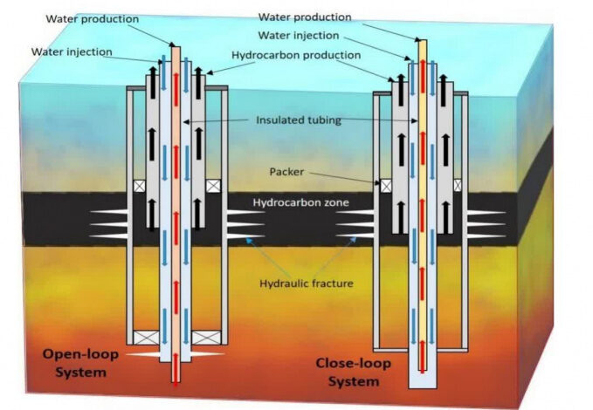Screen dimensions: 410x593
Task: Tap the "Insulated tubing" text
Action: tap(299, 120)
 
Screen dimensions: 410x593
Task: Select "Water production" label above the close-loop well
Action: tap(306, 17)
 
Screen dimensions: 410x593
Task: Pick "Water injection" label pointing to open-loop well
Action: tap(72, 51)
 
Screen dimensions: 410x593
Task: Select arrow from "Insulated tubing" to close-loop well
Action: tap(384, 120)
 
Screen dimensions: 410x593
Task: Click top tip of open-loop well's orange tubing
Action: tap(175, 44)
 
